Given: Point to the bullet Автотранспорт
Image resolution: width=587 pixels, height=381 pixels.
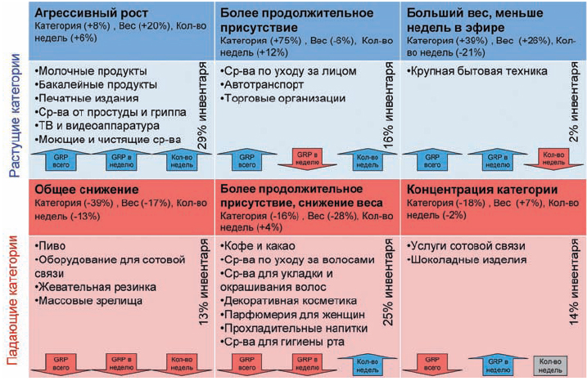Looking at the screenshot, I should pos(263,84).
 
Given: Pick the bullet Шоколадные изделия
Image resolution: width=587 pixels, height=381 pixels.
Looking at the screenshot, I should pos(465,261).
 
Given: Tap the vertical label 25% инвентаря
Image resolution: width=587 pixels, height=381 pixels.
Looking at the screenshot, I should pos(388,286).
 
